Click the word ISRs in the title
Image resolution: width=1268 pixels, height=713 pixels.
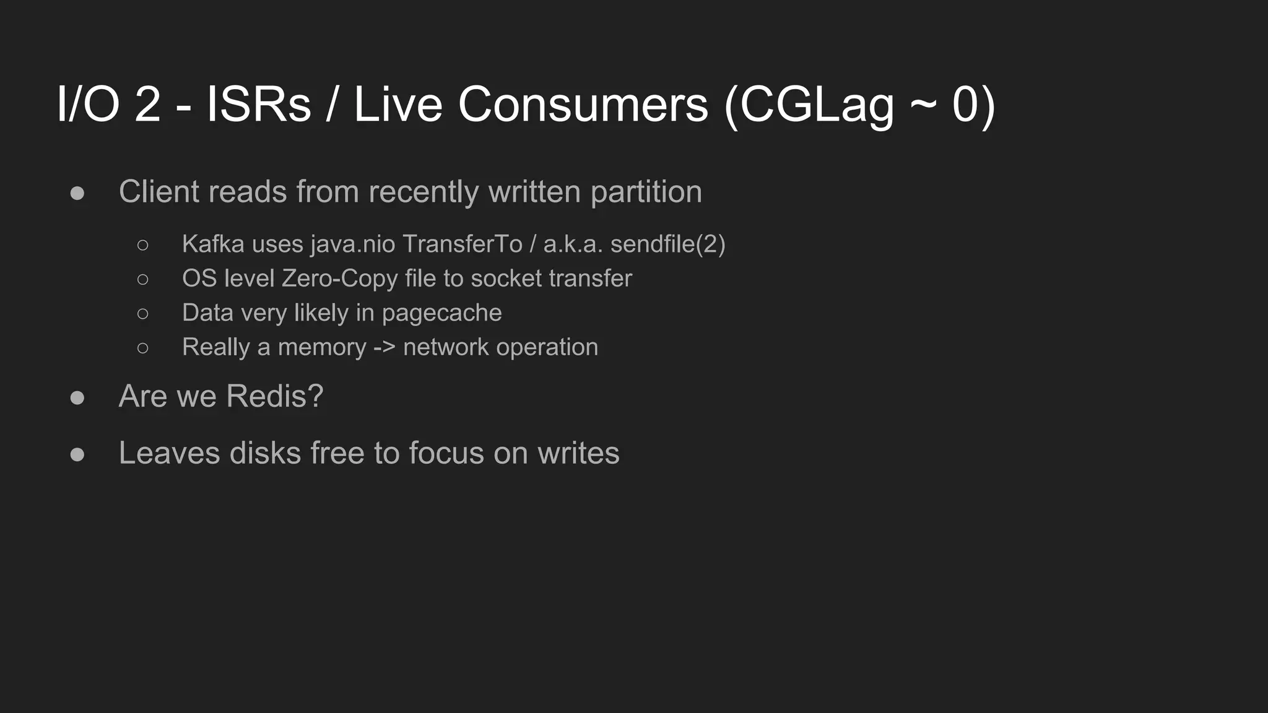coord(258,104)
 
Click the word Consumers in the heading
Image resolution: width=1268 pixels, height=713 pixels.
coord(583,104)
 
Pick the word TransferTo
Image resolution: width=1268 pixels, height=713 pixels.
coord(462,244)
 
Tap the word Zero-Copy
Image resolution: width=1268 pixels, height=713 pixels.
coord(339,279)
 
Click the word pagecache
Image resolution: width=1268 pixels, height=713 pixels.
coord(441,313)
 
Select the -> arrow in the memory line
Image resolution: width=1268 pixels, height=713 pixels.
coord(384,347)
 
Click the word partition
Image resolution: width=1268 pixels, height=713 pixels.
coord(646,192)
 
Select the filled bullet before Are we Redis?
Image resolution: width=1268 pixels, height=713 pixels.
coord(77,397)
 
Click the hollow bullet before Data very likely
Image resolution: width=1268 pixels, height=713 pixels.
coord(143,314)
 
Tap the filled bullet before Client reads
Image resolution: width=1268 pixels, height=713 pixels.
coord(77,193)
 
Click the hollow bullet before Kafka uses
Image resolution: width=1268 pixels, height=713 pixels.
coord(143,245)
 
